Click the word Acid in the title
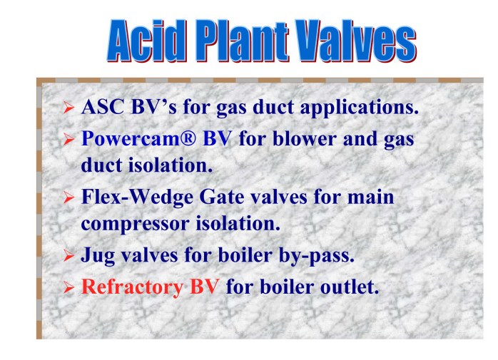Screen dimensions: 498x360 146,41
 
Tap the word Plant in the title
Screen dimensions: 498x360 243,41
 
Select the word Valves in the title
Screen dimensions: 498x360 356,41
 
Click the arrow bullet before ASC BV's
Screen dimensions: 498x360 68,108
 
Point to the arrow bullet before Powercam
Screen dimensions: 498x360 68,139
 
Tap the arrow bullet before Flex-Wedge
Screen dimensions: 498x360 68,197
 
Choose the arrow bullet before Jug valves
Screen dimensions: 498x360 68,255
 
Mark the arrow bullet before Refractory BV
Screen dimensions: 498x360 68,287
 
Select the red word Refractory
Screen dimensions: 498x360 133,287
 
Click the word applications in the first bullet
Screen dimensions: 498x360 359,108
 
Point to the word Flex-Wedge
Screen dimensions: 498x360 137,198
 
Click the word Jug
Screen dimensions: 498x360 98,256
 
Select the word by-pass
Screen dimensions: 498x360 316,256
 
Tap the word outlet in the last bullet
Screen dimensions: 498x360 350,287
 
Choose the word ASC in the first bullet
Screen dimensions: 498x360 102,107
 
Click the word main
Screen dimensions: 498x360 370,197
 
